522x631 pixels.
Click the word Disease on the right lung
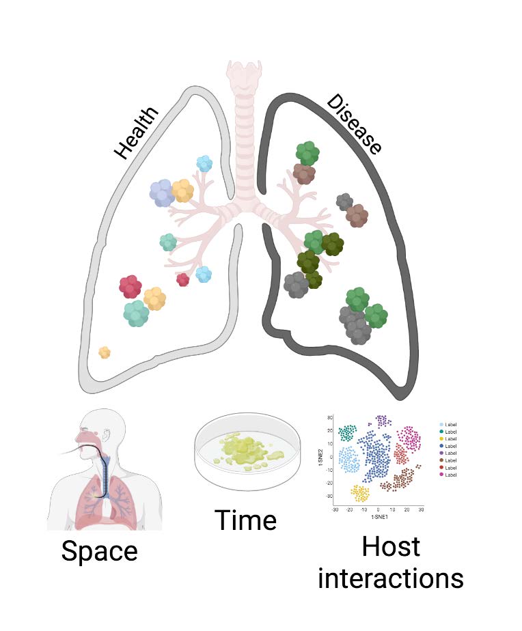[353, 124]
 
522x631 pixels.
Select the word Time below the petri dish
[246, 520]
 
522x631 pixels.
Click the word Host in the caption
[390, 548]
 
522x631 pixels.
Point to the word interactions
[391, 578]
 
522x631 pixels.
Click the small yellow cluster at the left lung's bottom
[105, 352]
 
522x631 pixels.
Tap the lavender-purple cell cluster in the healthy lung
[163, 193]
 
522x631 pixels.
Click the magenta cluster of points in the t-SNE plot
[409, 437]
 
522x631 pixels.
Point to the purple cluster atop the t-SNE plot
[381, 420]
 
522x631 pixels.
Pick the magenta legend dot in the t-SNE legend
[441, 475]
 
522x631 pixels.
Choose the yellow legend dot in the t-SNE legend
[441, 438]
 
